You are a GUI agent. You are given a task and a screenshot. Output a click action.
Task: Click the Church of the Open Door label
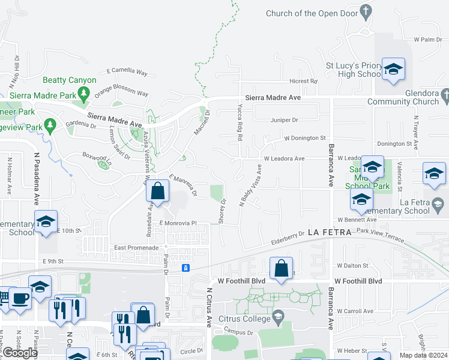(312, 13)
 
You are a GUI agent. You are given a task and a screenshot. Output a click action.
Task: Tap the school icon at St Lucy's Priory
(393, 70)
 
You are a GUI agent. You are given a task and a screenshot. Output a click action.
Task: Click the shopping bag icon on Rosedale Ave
(157, 192)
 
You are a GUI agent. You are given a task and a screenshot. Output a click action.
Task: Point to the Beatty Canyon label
(70, 80)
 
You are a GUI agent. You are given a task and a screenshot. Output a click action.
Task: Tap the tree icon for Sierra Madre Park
(84, 93)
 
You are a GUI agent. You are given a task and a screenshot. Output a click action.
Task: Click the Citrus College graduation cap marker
(277, 316)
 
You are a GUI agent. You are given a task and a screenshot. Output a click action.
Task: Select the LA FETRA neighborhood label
(328, 232)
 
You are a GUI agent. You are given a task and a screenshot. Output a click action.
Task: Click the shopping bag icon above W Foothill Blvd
(281, 269)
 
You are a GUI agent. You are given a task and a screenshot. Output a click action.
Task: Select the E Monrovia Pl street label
(178, 223)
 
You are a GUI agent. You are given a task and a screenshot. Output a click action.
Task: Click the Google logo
(20, 353)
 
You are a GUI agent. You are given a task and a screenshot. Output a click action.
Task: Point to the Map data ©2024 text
(423, 355)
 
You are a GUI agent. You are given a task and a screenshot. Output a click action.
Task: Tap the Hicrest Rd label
(303, 81)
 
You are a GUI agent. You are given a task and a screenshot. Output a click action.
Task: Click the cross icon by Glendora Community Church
(444, 95)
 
